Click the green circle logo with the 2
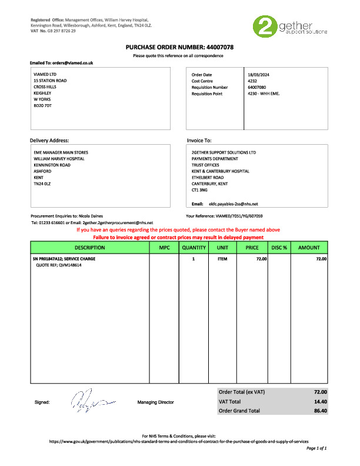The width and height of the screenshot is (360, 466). [x=264, y=28]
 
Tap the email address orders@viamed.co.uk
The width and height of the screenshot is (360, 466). [x=72, y=62]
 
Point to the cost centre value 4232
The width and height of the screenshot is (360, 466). [x=254, y=81]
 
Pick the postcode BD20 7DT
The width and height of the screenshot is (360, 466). [x=43, y=106]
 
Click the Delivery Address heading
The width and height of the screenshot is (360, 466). [x=49, y=141]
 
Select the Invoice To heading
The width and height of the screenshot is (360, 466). [x=199, y=141]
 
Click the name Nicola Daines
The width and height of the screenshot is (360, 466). [x=89, y=217]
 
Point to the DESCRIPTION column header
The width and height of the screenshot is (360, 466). [x=90, y=248]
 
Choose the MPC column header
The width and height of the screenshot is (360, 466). [x=164, y=248]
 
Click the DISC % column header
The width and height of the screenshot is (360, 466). [x=279, y=248]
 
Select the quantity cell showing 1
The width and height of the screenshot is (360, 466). [x=194, y=259]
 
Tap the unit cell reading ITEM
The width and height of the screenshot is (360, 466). [x=222, y=259]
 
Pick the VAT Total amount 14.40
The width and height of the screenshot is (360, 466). [x=320, y=401]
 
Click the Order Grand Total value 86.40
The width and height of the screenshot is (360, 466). [x=320, y=411]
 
